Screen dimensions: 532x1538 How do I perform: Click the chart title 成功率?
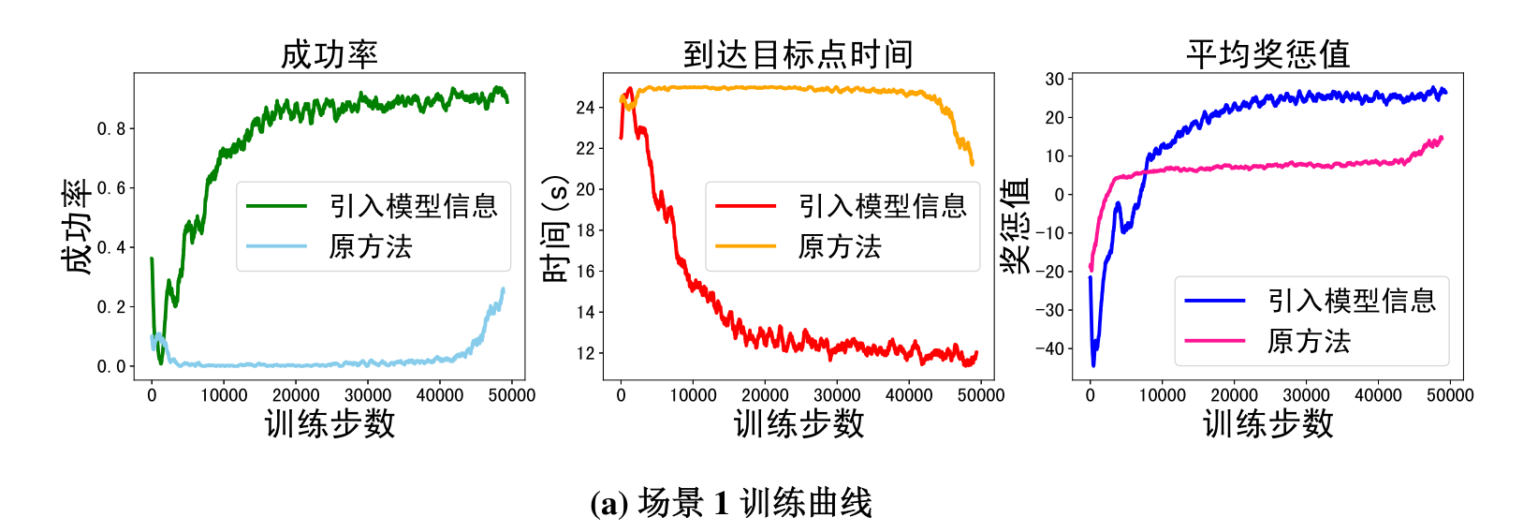330,54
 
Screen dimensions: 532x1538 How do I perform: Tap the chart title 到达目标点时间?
798,54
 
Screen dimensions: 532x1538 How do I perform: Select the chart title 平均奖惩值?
1267,54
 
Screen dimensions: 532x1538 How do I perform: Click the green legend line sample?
277,206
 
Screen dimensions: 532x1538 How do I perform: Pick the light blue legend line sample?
277,246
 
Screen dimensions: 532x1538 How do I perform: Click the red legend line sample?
746,206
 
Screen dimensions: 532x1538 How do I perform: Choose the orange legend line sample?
746,246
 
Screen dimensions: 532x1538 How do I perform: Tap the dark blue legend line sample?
1215,301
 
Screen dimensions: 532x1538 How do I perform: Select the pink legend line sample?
1215,341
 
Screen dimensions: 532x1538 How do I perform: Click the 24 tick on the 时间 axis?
585,108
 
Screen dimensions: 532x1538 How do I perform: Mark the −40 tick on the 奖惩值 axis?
1050,348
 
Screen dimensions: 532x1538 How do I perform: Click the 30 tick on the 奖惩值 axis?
1055,80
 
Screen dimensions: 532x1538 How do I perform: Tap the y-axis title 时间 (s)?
555,229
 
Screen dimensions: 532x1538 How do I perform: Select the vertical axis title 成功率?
78,227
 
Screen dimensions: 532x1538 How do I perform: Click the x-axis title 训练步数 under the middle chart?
798,424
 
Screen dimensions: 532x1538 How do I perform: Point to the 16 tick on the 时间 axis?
585,272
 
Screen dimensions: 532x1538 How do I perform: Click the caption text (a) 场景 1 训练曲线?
731,504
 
